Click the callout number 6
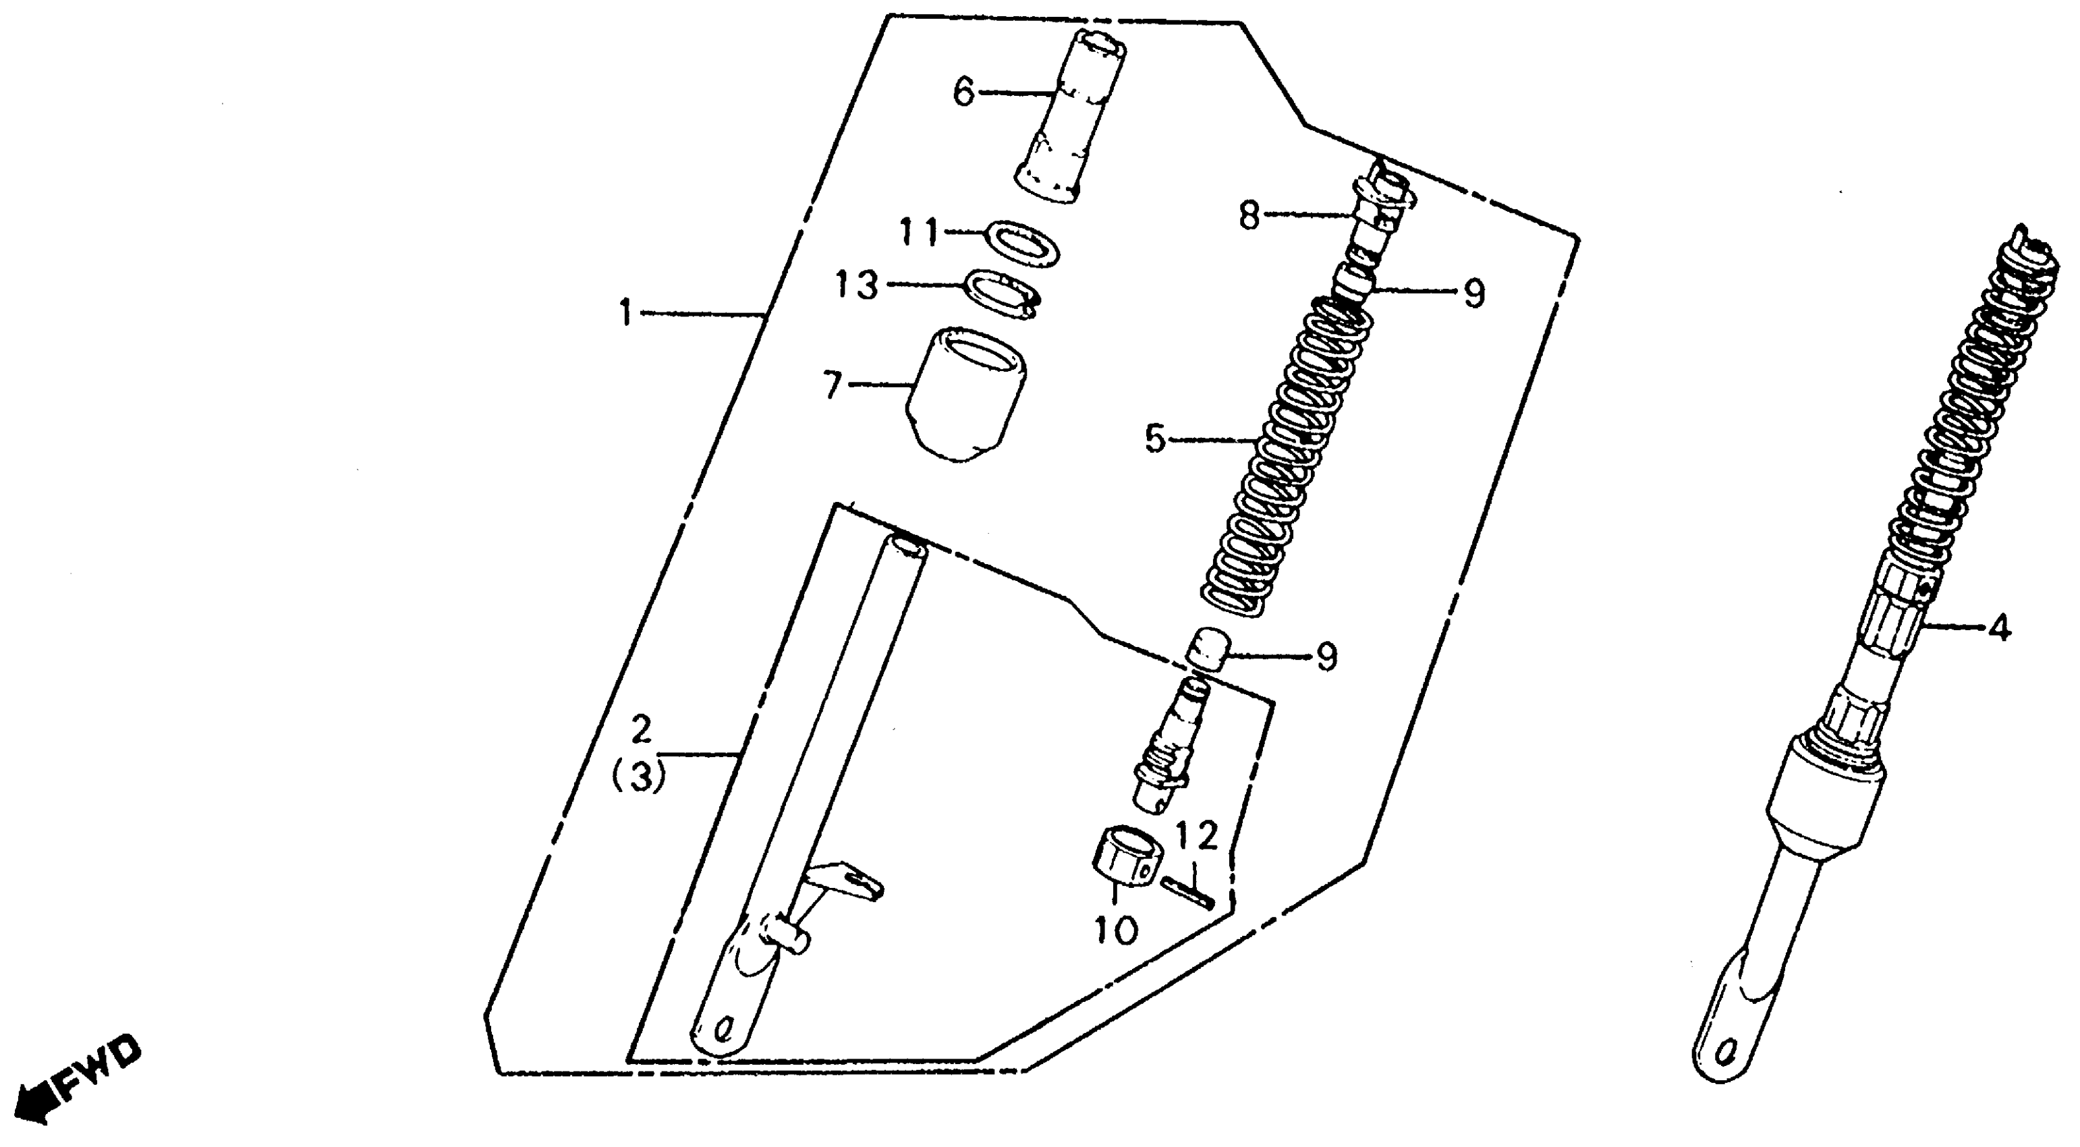(x=964, y=93)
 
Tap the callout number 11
(x=920, y=233)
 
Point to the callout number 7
(x=833, y=385)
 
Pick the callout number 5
(x=1156, y=440)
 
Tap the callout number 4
(x=1998, y=627)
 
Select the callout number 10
(x=1117, y=930)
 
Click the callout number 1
(x=626, y=312)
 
